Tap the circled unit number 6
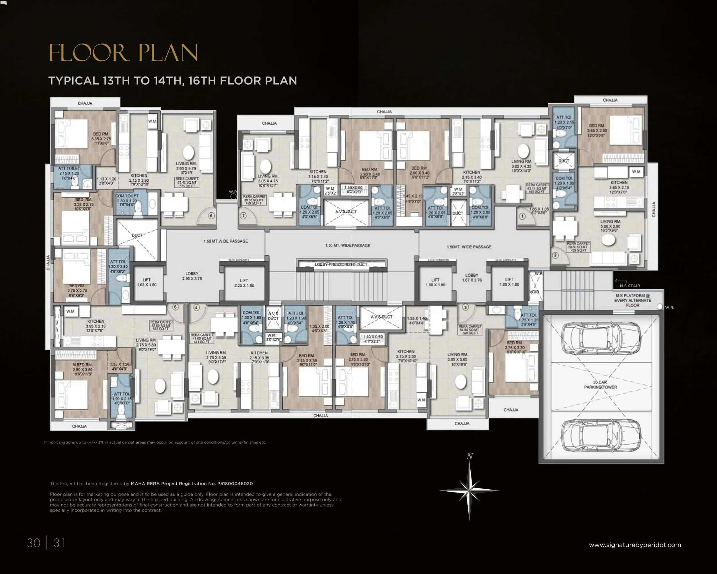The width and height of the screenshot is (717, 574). (211, 216)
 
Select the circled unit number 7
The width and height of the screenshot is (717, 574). (243, 216)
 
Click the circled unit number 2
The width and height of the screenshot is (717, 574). (555, 255)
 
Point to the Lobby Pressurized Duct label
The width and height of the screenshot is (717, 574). (341, 265)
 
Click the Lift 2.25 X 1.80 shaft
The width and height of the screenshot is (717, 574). (244, 283)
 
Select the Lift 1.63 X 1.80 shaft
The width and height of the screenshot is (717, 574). (147, 282)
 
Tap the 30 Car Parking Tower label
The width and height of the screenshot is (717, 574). (600, 385)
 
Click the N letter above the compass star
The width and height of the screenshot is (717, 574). (469, 457)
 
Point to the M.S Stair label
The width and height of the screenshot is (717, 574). (630, 286)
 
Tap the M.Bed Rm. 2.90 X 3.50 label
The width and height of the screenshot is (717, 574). (82, 369)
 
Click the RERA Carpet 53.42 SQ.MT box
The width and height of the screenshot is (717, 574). (187, 182)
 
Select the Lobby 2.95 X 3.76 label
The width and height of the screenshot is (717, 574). (192, 276)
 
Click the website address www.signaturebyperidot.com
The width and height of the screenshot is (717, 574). (634, 545)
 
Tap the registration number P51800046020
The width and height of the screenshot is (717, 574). (235, 484)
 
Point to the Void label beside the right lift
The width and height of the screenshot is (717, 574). (534, 292)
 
